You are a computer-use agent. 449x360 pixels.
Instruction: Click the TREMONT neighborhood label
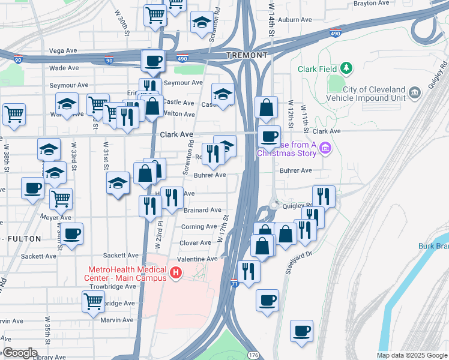247,55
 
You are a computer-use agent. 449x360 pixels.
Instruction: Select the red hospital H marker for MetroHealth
176,274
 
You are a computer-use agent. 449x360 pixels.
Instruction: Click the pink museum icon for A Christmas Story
325,148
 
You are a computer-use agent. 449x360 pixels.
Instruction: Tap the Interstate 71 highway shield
234,282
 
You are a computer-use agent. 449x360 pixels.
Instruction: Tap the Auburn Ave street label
292,19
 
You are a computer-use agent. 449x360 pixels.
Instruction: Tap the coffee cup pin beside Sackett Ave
72,233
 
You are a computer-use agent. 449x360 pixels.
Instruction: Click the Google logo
19,353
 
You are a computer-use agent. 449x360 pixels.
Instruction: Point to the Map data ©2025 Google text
411,355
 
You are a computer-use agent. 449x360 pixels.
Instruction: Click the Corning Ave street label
199,227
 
